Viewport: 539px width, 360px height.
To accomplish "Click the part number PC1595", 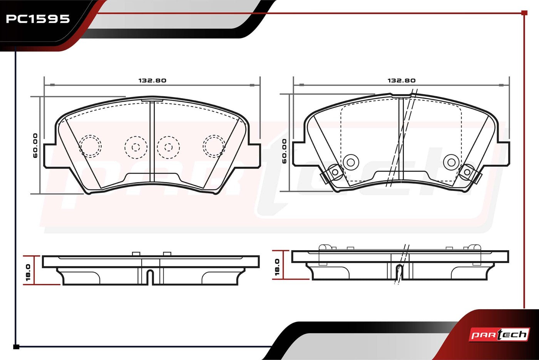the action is tap(38, 19).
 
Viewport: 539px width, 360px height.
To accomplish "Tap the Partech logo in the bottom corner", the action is tap(499, 335).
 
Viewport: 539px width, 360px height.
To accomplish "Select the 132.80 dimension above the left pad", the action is tap(152, 80).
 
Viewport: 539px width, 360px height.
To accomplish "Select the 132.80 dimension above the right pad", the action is tap(401, 80).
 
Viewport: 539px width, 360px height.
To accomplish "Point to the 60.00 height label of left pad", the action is tap(35, 146).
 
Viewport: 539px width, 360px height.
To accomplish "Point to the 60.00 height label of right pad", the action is tap(284, 151).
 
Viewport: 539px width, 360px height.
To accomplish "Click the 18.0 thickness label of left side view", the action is tap(28, 273).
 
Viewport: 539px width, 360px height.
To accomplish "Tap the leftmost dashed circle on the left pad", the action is tap(90, 146).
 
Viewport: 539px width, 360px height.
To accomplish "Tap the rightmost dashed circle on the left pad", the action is tap(214, 146).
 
